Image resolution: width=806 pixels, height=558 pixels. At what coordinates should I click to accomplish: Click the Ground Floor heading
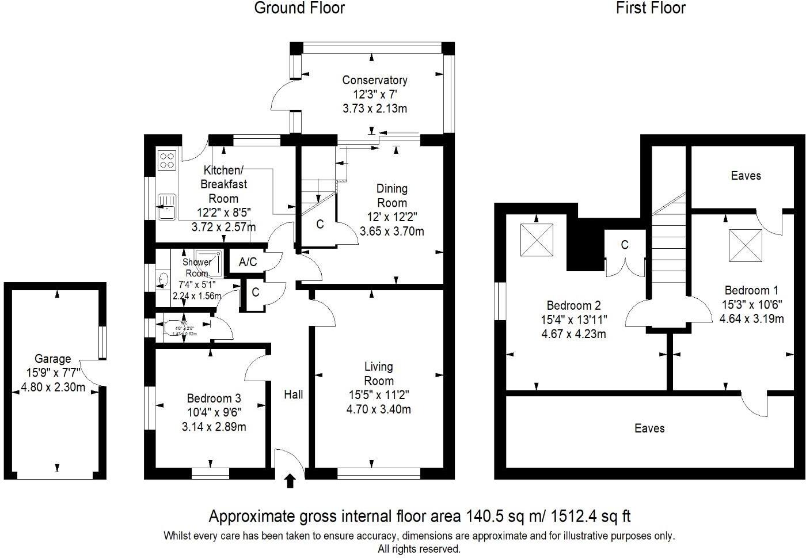[x=299, y=8]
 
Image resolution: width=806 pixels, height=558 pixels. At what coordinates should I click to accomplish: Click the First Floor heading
[x=651, y=8]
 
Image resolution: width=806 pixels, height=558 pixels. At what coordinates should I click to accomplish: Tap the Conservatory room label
[x=374, y=80]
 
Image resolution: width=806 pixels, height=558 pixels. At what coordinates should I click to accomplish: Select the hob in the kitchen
[x=167, y=160]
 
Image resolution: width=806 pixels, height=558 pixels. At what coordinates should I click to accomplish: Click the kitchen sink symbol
[x=168, y=207]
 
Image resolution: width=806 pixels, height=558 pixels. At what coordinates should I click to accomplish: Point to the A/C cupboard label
[x=248, y=262]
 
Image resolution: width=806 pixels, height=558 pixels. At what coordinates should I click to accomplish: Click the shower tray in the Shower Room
[x=208, y=260]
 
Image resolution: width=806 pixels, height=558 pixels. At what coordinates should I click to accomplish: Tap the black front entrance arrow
[x=290, y=480]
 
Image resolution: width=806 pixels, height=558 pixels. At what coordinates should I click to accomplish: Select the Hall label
[x=294, y=394]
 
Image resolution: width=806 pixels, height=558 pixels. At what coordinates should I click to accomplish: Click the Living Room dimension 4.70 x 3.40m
[x=378, y=409]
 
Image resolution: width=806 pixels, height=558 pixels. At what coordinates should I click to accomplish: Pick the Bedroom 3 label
[x=214, y=398]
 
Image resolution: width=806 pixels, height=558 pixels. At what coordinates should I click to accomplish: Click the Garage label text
[x=52, y=359]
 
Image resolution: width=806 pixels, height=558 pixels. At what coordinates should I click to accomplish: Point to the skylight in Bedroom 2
[x=537, y=240]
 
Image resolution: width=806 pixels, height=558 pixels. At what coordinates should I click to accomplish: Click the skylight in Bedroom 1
[x=746, y=245]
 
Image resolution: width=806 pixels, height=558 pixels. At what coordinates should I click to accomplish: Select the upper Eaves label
[x=746, y=176]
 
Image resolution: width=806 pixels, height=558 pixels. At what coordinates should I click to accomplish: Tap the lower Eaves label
[x=649, y=428]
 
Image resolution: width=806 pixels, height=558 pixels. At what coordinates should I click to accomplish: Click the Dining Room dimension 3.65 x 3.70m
[x=391, y=231]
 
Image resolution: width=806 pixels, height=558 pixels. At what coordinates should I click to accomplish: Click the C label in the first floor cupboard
[x=625, y=245]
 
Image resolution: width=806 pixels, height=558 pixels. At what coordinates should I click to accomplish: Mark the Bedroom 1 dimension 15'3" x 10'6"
[x=751, y=305]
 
